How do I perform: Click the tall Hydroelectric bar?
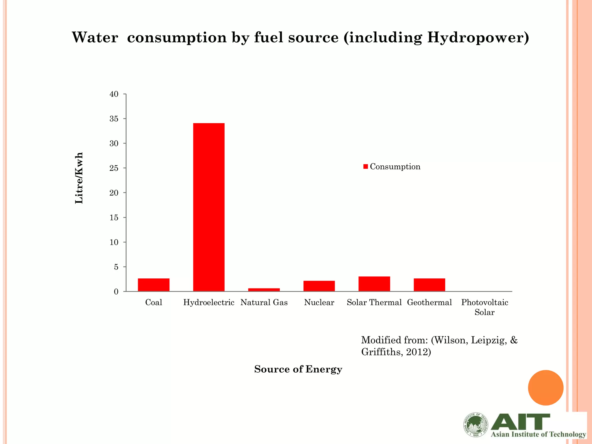coord(209,207)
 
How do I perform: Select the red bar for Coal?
coord(153,285)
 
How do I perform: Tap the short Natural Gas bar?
coord(264,290)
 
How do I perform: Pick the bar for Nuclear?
coord(319,286)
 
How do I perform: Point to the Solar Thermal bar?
coord(374,284)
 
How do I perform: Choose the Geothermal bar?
coord(429,285)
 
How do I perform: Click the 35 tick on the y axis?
coord(114,119)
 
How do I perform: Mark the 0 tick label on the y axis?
coord(116,292)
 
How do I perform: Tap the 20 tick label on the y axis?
coord(114,193)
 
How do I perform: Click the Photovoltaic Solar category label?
coord(484,307)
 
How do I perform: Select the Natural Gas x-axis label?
coord(264,303)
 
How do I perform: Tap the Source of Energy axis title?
coord(298,369)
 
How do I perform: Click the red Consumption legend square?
coord(366,166)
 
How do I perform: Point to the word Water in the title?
coord(95,38)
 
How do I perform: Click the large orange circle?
coord(545,388)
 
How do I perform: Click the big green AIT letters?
coord(520,422)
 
